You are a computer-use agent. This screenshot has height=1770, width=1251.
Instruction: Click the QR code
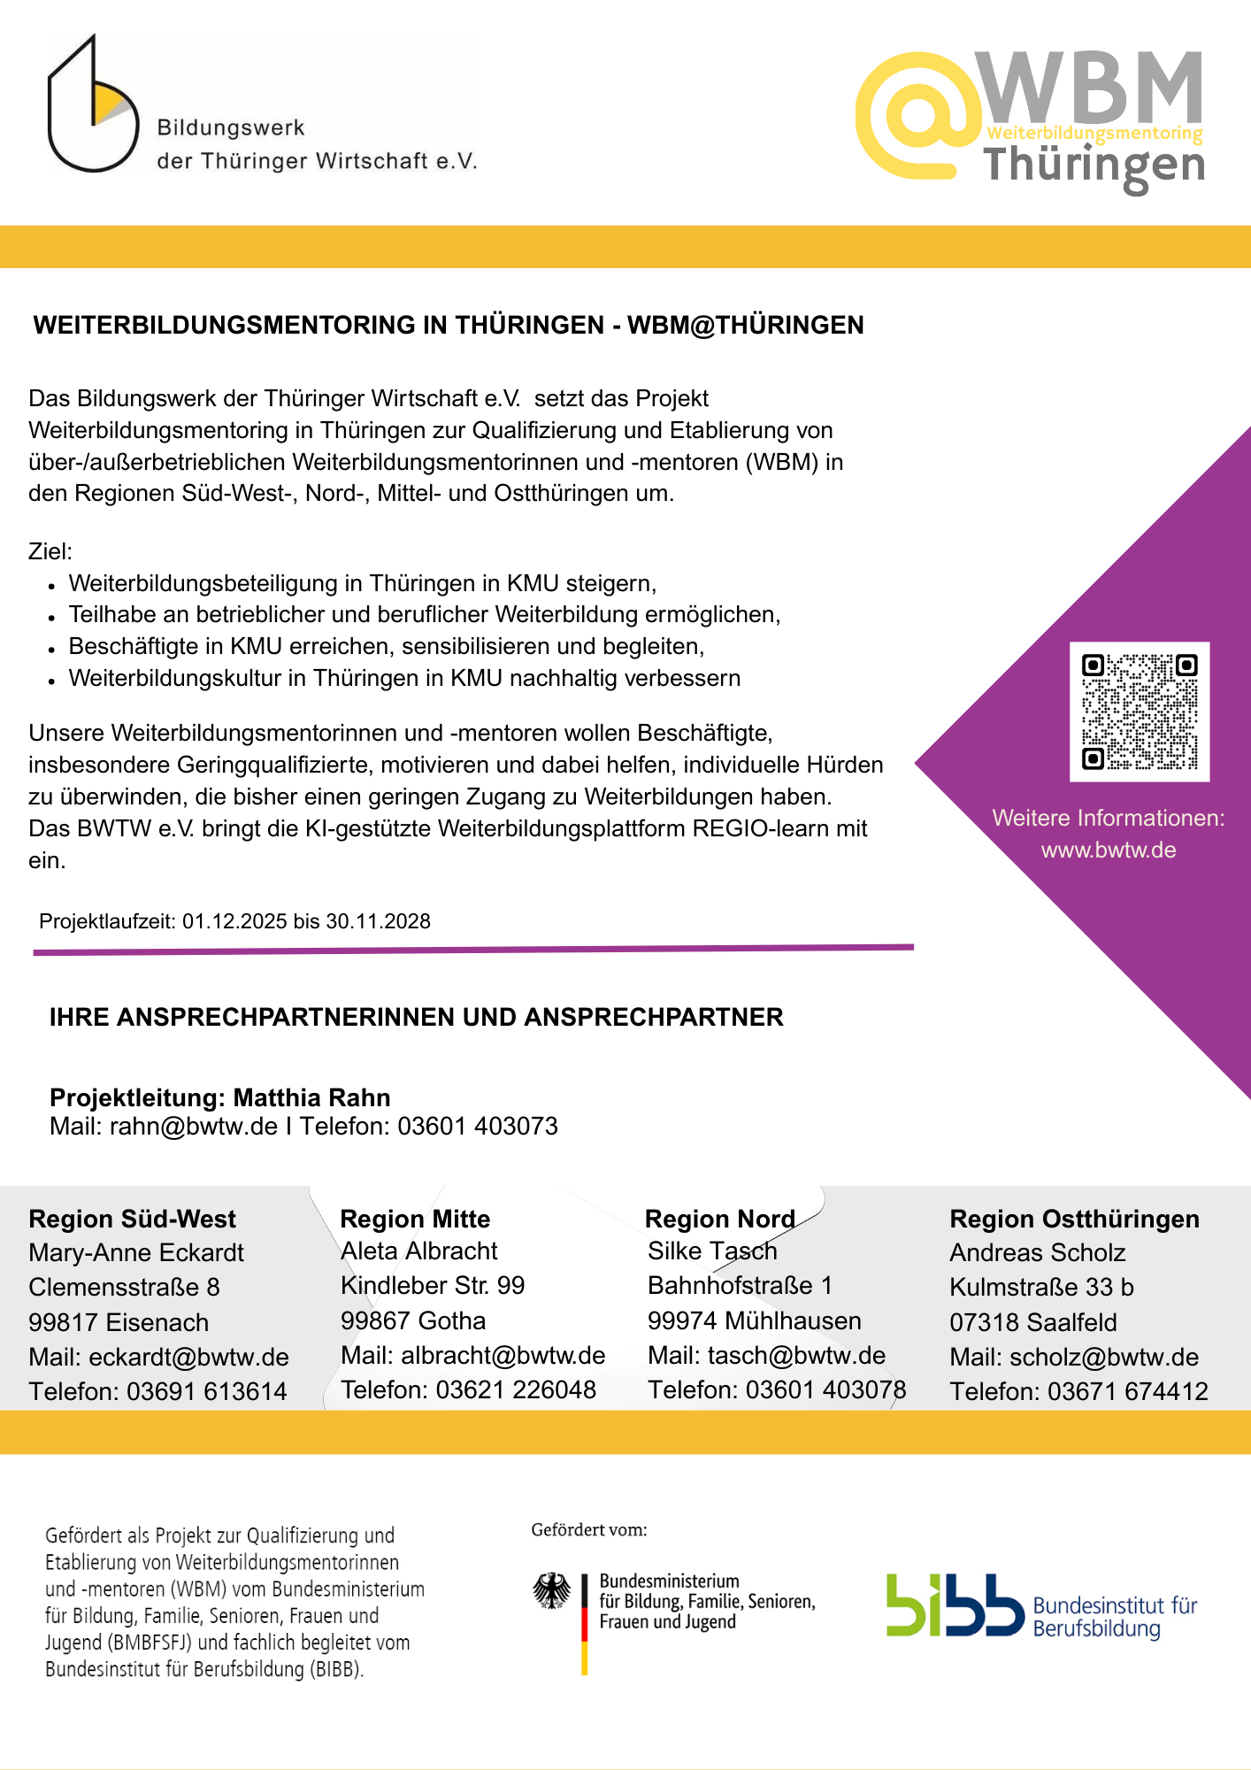(1140, 712)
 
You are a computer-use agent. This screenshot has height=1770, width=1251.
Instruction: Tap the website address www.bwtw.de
(1109, 850)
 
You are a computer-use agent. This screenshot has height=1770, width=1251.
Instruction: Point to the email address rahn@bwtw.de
(194, 1127)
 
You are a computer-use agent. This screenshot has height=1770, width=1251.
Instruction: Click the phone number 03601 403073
(478, 1127)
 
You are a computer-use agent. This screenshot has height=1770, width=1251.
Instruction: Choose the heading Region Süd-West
(133, 1220)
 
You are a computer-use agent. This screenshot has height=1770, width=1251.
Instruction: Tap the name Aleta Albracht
(419, 1251)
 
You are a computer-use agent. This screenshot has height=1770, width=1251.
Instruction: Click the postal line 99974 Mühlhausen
(754, 1321)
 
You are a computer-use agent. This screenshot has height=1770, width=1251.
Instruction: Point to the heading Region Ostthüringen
(1074, 1220)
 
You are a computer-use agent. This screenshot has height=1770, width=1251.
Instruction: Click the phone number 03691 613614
(207, 1392)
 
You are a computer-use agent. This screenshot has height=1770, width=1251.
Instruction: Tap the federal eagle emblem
(552, 1591)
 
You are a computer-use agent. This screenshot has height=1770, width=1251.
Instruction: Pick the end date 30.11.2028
(379, 922)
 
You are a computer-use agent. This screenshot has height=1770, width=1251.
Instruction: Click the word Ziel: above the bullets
(50, 552)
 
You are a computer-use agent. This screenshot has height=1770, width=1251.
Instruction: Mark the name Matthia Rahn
(311, 1098)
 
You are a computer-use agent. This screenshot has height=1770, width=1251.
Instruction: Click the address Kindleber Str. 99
(433, 1286)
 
